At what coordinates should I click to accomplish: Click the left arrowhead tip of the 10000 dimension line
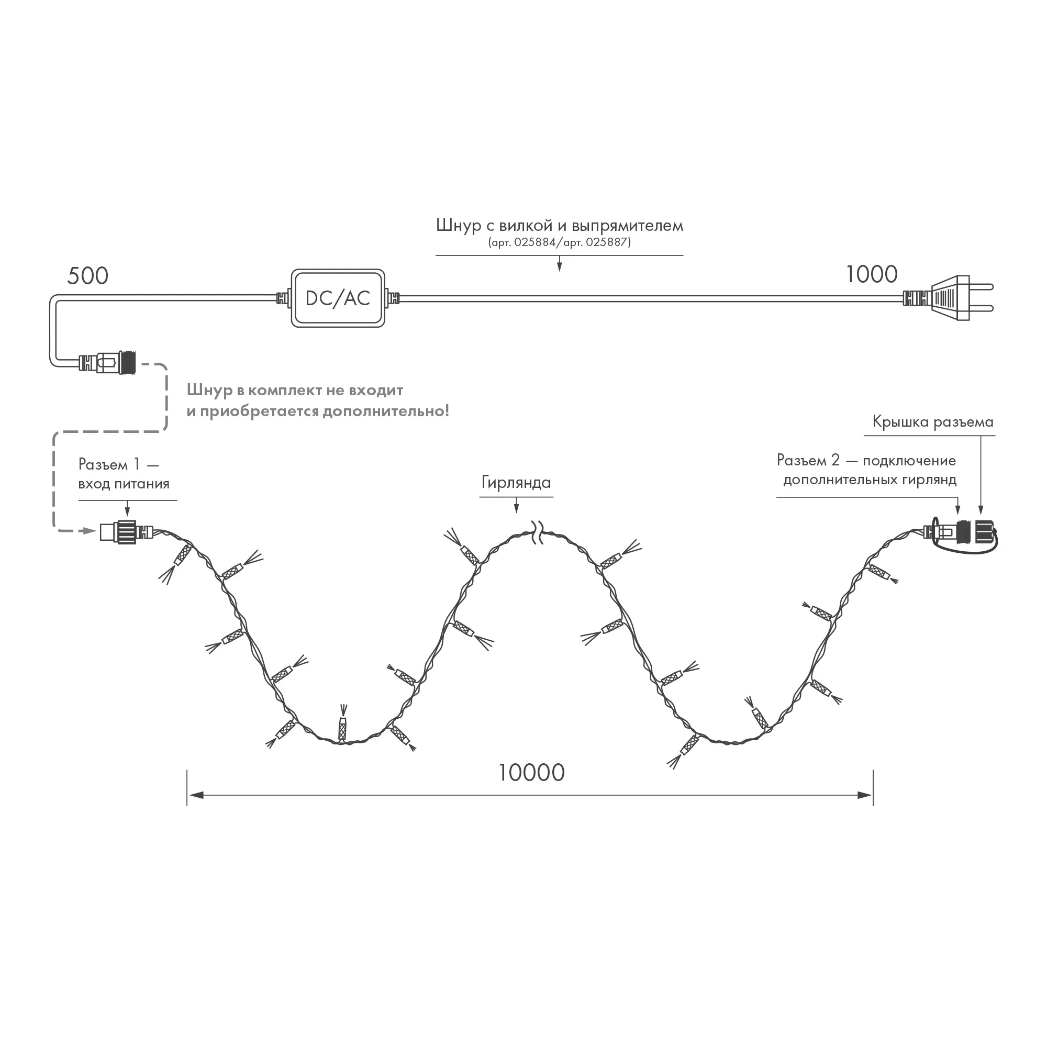187,796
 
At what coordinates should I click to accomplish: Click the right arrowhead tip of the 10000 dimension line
873,796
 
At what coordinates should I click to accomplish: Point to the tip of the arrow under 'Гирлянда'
517,513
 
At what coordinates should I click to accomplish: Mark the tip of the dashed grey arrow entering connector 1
96,531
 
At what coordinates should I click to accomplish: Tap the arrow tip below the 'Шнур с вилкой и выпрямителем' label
559,271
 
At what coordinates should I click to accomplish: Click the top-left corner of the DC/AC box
292,269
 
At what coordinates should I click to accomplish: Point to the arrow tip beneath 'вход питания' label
127,516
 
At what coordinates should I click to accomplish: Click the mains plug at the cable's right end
949,298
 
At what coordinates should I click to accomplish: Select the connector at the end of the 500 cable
107,362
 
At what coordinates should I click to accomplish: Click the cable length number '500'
88,276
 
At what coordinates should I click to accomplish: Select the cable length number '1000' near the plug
872,275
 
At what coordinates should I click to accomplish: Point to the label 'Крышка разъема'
933,422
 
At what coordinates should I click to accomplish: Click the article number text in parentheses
559,242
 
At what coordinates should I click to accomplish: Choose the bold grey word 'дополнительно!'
386,411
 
